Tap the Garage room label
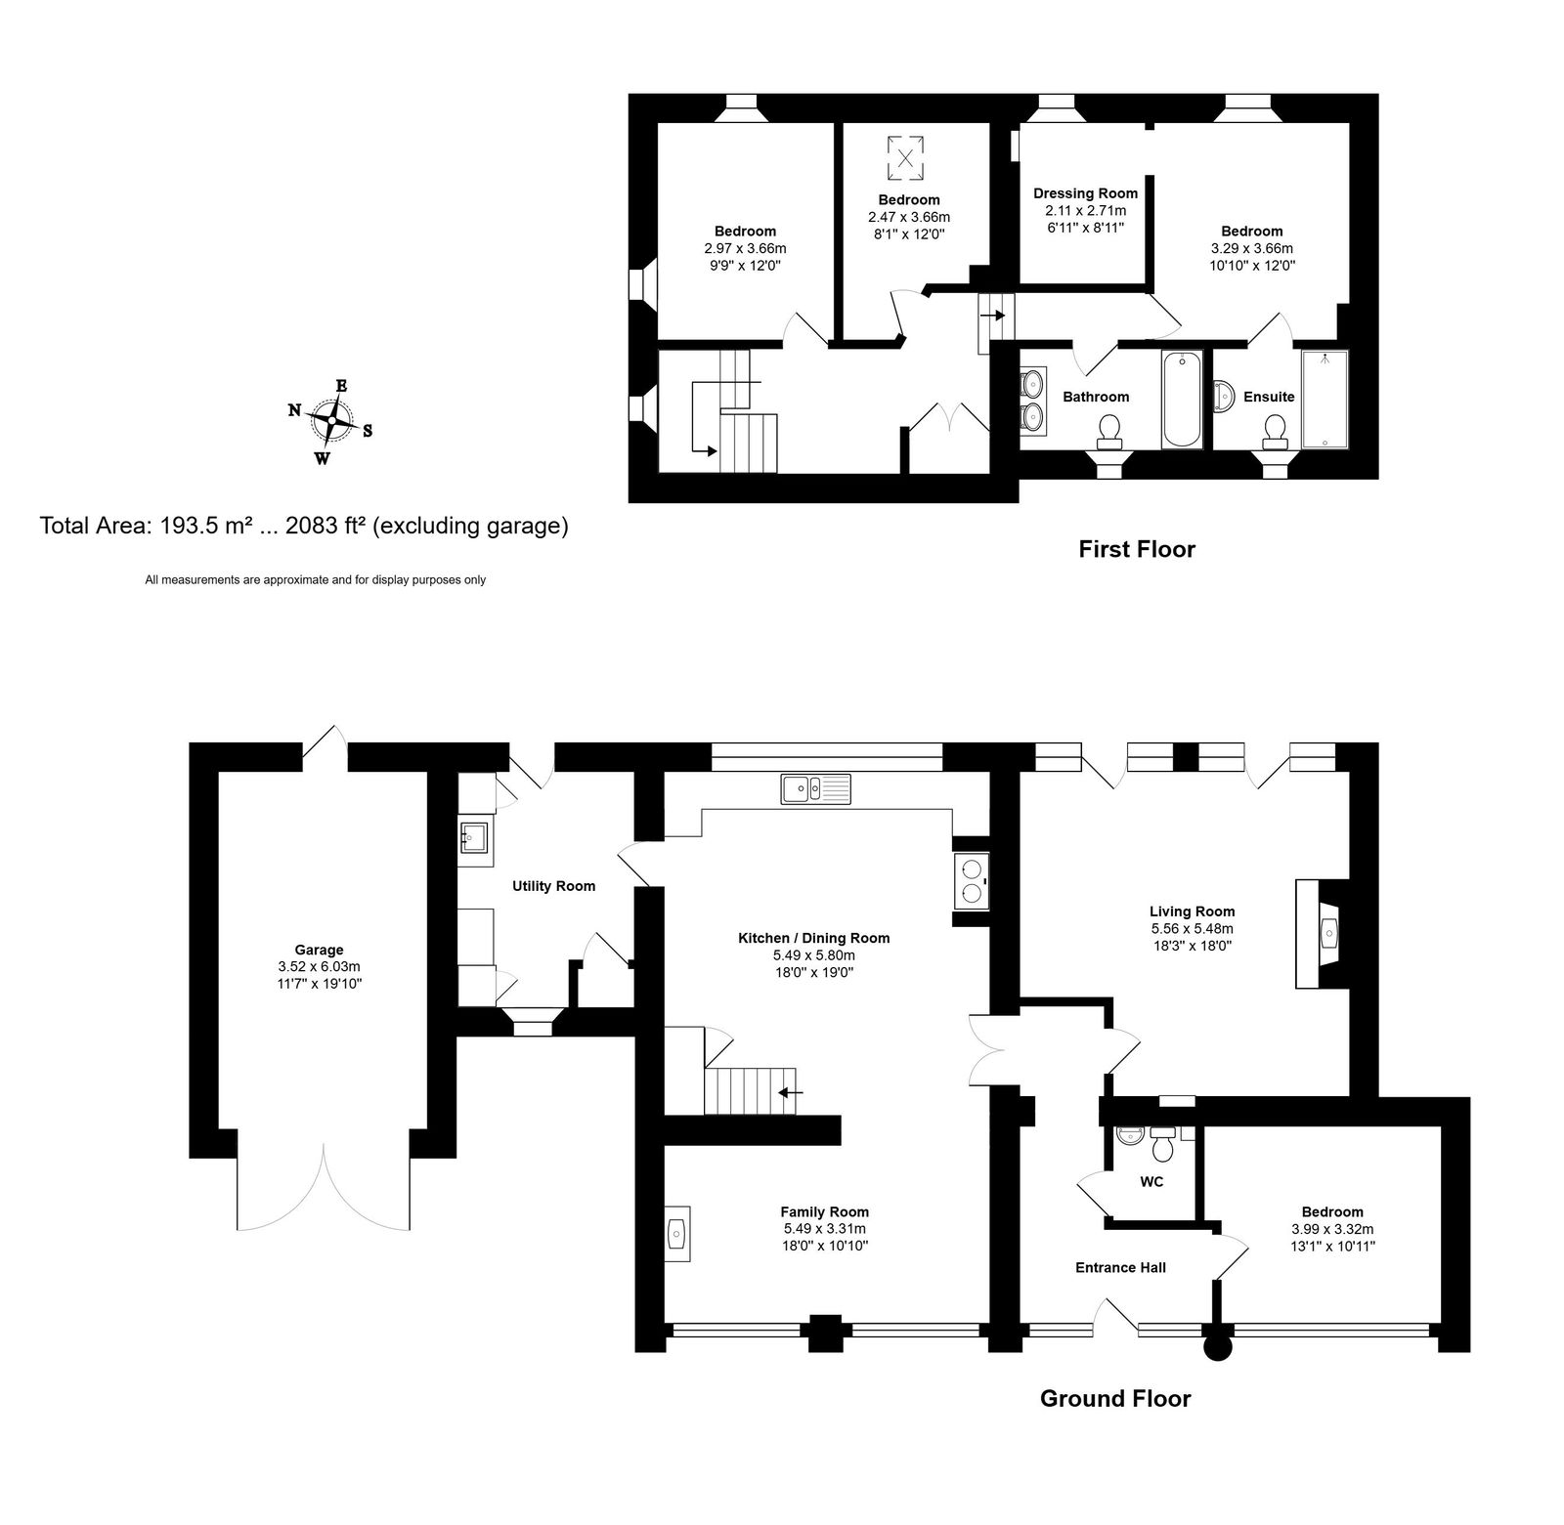320,950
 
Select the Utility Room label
554,886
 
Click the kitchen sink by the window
816,788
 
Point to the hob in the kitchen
972,880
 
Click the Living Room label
1193,911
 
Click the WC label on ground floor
1151,1182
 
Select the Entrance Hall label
1120,1268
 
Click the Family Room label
824,1212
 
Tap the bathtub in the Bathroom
1183,401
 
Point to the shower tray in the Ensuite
1325,400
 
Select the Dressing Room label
1085,193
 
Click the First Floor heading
1137,549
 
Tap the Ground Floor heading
1115,1398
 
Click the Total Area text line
304,526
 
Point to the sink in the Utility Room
476,837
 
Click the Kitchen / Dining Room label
814,938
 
